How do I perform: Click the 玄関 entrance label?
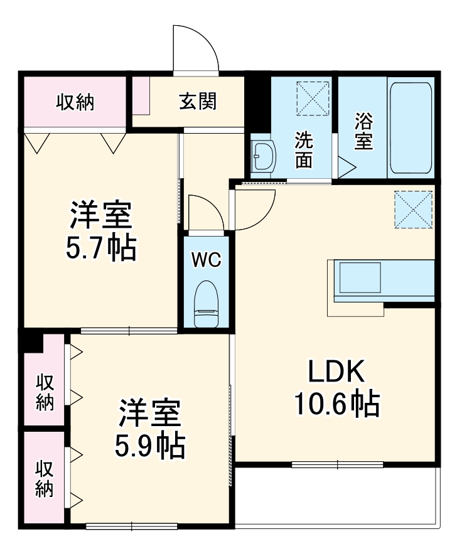pyautogui.click(x=198, y=102)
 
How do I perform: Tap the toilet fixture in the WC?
pyautogui.click(x=207, y=304)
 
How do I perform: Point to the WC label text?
pyautogui.click(x=207, y=260)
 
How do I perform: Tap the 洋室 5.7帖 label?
pyautogui.click(x=101, y=231)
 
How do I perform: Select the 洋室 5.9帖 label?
pyautogui.click(x=149, y=429)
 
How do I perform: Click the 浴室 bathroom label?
pyautogui.click(x=364, y=131)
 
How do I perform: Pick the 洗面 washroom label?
pyautogui.click(x=304, y=149)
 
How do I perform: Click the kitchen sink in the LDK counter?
pyautogui.click(x=360, y=277)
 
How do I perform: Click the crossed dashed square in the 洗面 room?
pyautogui.click(x=313, y=98)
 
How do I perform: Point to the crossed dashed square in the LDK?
pyautogui.click(x=414, y=210)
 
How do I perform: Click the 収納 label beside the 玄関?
pyautogui.click(x=75, y=102)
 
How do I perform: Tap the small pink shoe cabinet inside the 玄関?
pyautogui.click(x=141, y=95)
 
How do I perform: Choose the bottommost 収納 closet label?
pyautogui.click(x=45, y=478)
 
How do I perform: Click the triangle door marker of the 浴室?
pyautogui.click(x=346, y=168)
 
